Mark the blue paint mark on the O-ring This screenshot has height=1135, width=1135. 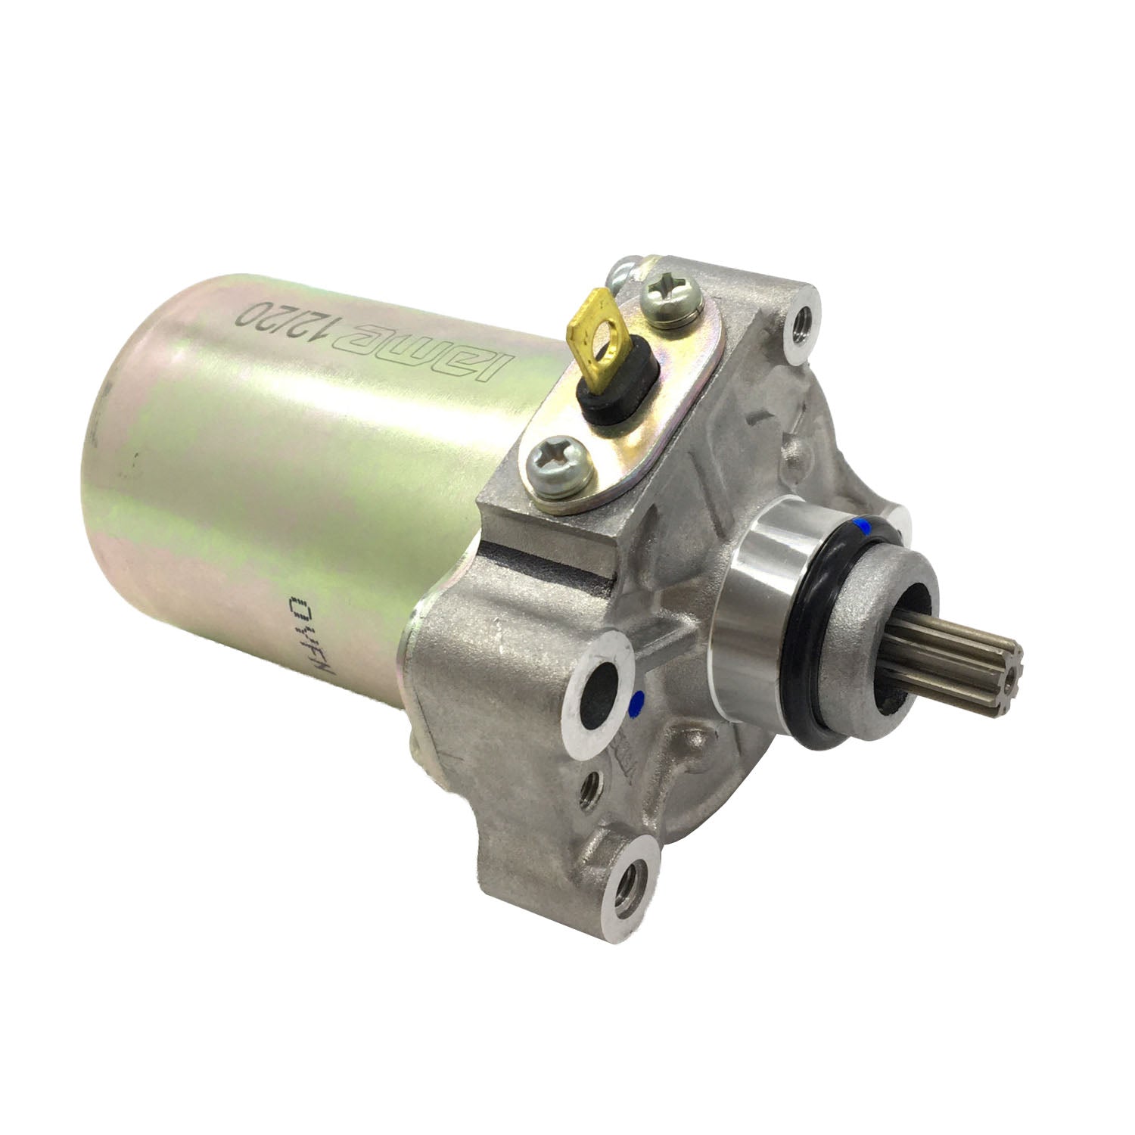(x=858, y=524)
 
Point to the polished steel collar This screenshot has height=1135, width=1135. (x=772, y=575)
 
